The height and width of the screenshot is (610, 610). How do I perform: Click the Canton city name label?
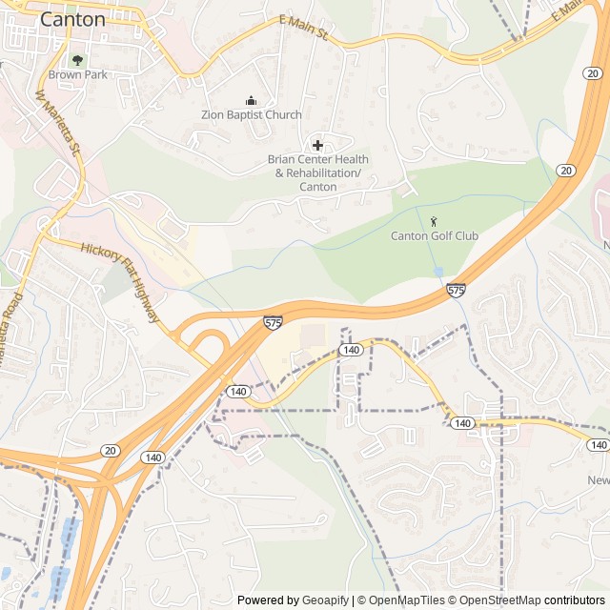(72, 19)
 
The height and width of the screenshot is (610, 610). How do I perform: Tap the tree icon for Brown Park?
(78, 59)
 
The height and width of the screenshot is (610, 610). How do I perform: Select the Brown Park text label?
(78, 74)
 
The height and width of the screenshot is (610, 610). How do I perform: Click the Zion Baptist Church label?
(251, 115)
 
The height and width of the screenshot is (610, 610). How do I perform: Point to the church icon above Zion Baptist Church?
(251, 100)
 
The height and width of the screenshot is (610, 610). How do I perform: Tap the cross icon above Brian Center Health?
(317, 145)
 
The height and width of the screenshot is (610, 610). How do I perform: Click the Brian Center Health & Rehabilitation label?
(317, 173)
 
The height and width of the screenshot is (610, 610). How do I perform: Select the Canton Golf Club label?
(435, 235)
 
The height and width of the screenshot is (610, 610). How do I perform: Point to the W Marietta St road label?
(59, 124)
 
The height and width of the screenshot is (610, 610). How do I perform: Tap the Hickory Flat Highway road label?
(120, 282)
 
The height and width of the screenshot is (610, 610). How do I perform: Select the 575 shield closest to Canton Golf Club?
(456, 290)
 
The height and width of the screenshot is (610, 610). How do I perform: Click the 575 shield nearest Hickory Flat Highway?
(274, 324)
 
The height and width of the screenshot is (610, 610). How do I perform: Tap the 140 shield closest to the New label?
(598, 445)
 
